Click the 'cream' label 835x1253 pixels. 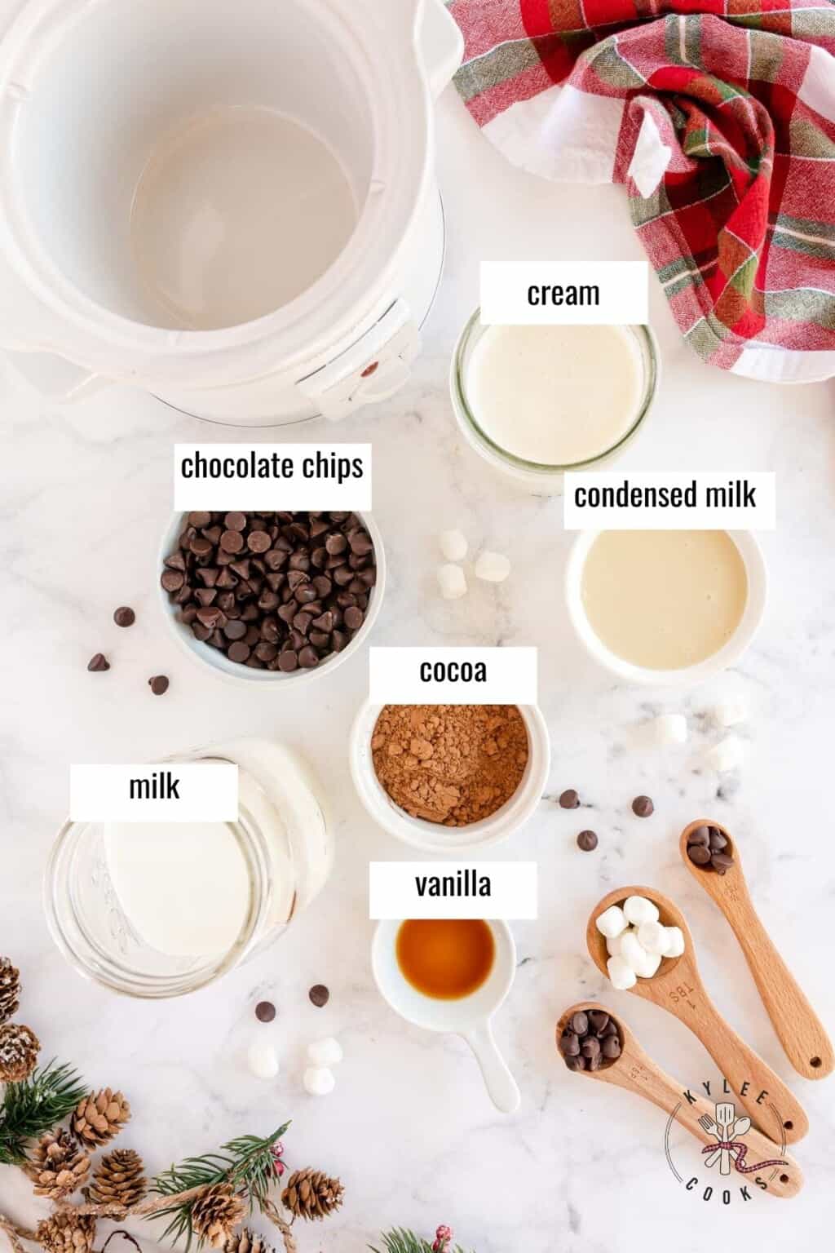(563, 293)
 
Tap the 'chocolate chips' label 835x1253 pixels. (272, 467)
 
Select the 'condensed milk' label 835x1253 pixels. (665, 495)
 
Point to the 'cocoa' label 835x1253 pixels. (453, 671)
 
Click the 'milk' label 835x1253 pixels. (154, 788)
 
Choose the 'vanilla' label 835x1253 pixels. (453, 885)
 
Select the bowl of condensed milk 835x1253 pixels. (665, 600)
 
